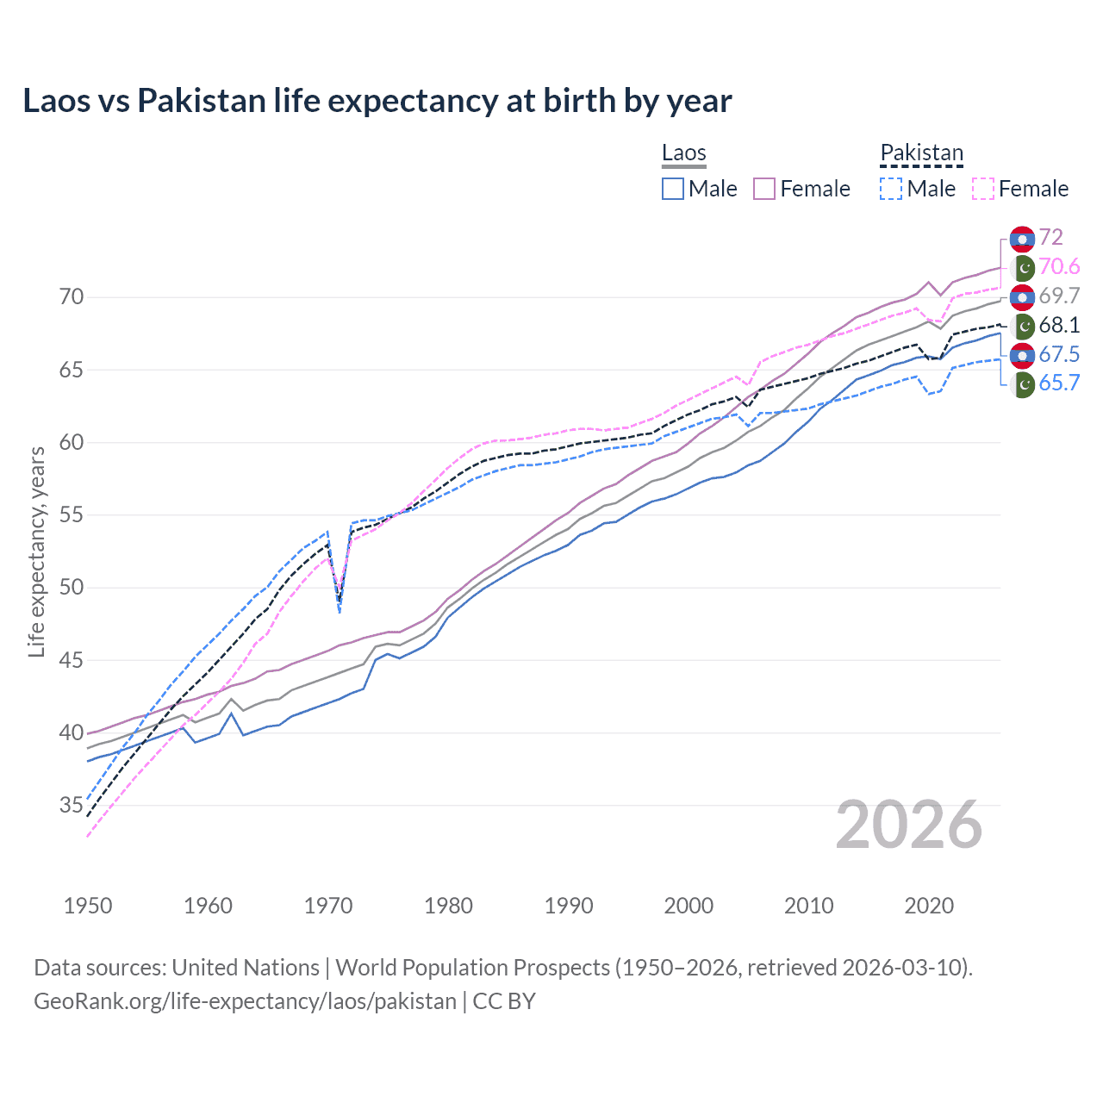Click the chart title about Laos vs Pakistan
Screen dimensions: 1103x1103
click(x=377, y=101)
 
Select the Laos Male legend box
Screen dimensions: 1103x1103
click(x=673, y=189)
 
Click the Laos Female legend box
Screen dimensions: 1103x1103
click(x=764, y=189)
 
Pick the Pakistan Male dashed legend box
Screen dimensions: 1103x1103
click(x=891, y=189)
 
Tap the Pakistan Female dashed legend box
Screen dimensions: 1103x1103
click(x=982, y=189)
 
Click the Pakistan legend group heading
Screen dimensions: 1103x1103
click(x=921, y=153)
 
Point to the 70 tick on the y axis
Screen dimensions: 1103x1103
click(x=72, y=297)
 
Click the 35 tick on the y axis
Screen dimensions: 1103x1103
click(x=72, y=806)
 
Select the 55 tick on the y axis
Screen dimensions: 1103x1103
click(x=72, y=515)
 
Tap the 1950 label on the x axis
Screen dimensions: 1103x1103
click(x=88, y=906)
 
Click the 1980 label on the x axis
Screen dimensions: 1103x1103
click(x=448, y=906)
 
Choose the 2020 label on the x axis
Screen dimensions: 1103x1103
click(x=929, y=906)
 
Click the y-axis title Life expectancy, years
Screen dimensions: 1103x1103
click(x=36, y=551)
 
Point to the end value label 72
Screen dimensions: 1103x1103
click(x=1050, y=237)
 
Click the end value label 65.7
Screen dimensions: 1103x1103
click(x=1059, y=383)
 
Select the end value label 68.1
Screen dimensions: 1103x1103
click(x=1059, y=325)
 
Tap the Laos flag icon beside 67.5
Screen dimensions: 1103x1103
click(x=1022, y=354)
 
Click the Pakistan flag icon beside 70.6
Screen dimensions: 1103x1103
click(x=1022, y=267)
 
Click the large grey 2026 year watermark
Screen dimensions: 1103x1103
click(x=909, y=825)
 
